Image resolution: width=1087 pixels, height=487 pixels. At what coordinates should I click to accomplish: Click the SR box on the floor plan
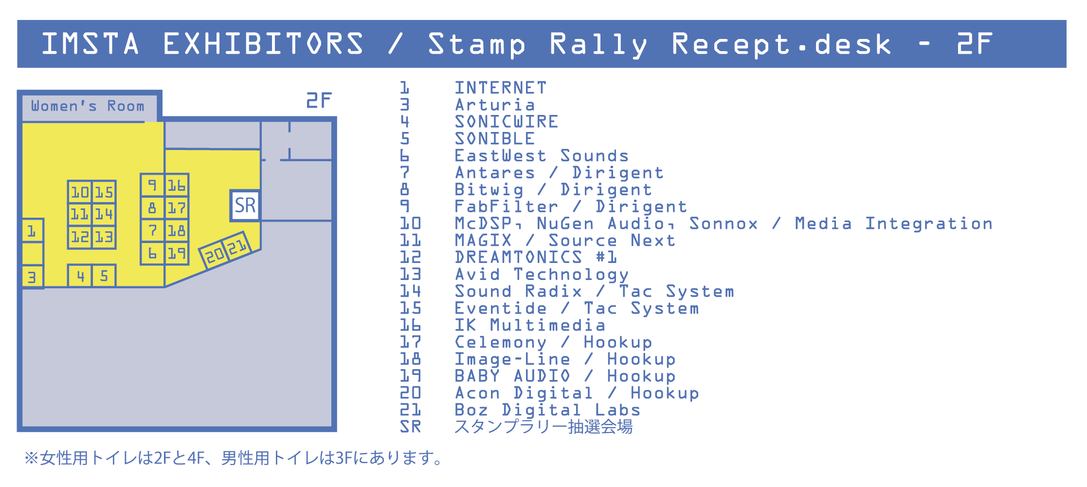pos(245,206)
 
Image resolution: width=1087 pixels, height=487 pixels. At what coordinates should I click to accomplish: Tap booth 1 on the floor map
pos(33,230)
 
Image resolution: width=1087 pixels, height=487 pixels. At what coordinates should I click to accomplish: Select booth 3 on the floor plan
pos(33,277)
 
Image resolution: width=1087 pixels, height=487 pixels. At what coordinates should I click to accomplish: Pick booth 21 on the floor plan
pos(237,247)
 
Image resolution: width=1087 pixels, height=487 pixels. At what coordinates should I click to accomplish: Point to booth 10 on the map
pos(80,192)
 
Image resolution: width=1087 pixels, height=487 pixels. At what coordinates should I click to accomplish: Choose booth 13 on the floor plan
pos(104,237)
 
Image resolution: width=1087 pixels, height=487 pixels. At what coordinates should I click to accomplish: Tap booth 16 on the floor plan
pos(177,185)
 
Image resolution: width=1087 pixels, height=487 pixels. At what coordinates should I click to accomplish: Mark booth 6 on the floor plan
pos(153,254)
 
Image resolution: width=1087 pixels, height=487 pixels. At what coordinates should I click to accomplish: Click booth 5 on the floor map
pos(104,276)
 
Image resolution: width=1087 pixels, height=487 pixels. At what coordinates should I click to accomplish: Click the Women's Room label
pos(88,106)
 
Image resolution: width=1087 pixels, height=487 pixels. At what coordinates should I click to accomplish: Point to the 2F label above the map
pos(319,100)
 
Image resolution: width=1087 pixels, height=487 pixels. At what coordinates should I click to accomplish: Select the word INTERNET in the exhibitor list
pos(501,88)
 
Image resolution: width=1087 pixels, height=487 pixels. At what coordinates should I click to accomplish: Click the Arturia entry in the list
pos(495,105)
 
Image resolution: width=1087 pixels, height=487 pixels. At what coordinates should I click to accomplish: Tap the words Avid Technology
pos(542,275)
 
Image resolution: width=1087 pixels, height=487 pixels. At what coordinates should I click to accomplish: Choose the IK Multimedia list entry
pos(530,325)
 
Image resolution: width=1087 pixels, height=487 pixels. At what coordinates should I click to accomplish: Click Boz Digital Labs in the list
pos(547,410)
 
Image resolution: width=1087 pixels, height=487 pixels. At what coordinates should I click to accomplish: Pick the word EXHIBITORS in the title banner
pos(263,44)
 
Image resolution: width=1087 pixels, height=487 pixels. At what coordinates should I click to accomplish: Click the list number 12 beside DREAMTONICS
pos(410,257)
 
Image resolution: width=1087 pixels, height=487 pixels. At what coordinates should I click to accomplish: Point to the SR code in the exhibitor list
pos(410,427)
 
